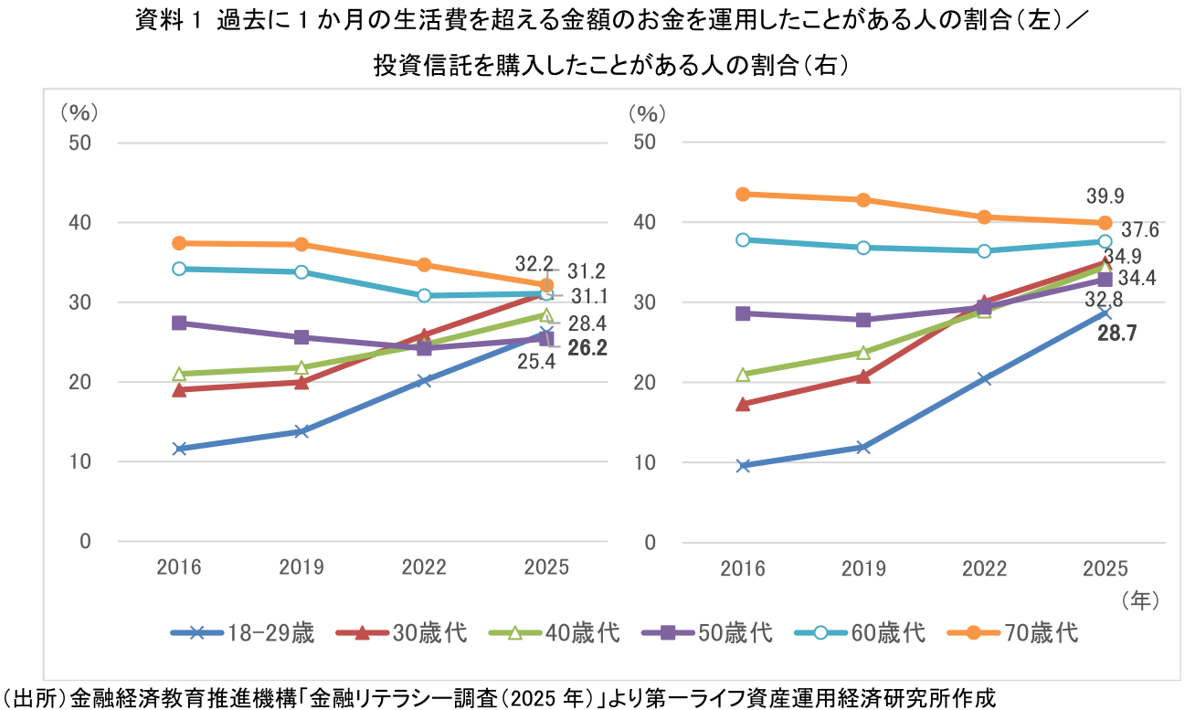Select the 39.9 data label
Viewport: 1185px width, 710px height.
(1105, 196)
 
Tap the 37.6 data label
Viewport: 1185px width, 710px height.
(1140, 230)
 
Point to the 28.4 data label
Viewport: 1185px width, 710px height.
(587, 323)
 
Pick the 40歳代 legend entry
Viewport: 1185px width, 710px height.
(558, 632)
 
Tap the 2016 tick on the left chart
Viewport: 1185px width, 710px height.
(179, 567)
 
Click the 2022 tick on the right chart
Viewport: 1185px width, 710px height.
(984, 568)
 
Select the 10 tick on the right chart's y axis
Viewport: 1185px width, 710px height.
(645, 462)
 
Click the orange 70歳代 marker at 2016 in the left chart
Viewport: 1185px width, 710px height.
(179, 243)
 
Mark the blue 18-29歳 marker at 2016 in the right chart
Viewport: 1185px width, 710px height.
(743, 466)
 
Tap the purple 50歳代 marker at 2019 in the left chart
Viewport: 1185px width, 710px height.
(302, 337)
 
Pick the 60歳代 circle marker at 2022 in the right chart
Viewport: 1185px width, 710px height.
(984, 250)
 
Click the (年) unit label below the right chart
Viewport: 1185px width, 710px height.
(1139, 600)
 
